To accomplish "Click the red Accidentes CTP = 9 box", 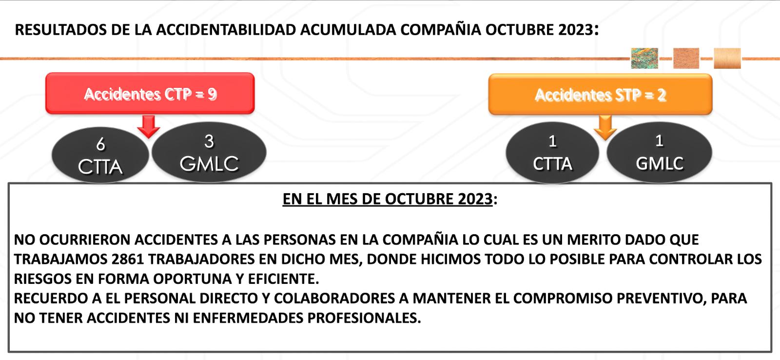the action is (150, 93).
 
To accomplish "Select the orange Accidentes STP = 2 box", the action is (600, 95).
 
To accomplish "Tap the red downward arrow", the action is (149, 127).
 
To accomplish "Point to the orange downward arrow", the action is (605, 128).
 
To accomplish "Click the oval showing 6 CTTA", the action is (100, 155).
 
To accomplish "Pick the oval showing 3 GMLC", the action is (209, 152).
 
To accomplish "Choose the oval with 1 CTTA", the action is (552, 153).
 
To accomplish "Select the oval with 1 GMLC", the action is (659, 152).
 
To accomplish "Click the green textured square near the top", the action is (644, 58).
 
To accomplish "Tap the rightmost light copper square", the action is (727, 58).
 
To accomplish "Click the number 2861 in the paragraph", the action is (128, 260).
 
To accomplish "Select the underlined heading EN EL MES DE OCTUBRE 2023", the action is (388, 199).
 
